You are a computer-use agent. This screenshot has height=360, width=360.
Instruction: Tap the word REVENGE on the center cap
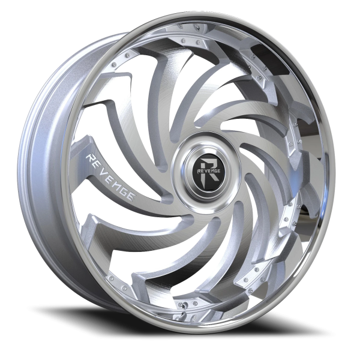[x=208, y=171]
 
